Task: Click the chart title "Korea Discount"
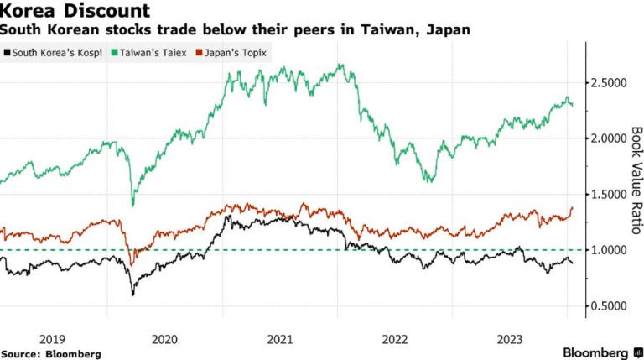point(75,10)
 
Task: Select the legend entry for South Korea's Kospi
point(53,53)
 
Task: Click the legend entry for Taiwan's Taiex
point(149,53)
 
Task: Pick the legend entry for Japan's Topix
point(231,53)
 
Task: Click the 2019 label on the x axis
point(52,340)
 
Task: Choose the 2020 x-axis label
point(164,340)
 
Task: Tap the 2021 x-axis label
point(280,340)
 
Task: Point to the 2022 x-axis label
point(395,340)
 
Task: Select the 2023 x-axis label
point(510,340)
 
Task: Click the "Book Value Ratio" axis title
point(636,180)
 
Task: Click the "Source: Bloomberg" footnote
point(51,354)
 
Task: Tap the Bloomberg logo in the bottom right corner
point(603,352)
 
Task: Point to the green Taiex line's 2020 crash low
point(132,206)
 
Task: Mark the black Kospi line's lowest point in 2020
point(132,295)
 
